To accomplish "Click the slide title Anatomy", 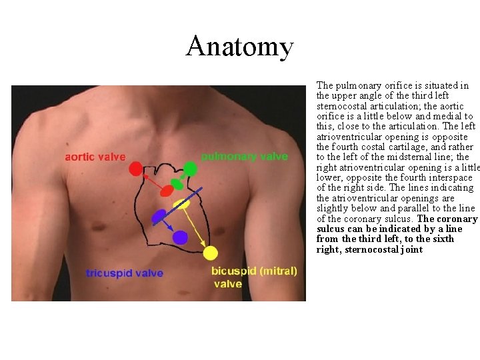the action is pos(239,46).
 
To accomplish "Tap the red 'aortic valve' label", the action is pos(95,157).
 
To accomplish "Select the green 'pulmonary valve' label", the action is pos(245,156).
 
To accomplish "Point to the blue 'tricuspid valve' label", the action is pos(124,273).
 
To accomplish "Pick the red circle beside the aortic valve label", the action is pos(135,169).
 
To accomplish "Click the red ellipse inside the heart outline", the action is pos(167,191).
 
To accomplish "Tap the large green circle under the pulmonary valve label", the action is pos(190,169).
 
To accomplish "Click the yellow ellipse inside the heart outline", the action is pos(181,204).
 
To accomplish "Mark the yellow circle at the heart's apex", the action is pos(211,253).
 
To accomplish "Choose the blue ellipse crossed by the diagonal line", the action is pos(159,215).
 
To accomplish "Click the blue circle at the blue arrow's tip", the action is pos(179,237).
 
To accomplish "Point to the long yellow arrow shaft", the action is pos(197,229).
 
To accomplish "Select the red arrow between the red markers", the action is pos(150,179).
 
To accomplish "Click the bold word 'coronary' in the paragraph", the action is pos(456,219).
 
